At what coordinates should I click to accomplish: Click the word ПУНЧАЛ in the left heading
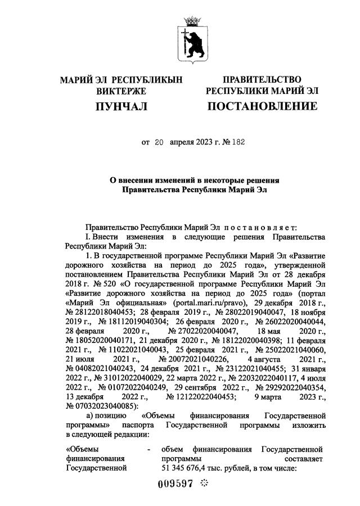pyautogui.click(x=121, y=106)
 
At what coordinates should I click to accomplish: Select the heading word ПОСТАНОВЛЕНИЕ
pyautogui.click(x=262, y=106)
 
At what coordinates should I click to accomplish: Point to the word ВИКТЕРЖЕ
pyautogui.click(x=121, y=91)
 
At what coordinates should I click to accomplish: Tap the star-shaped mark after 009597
pyautogui.click(x=204, y=484)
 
